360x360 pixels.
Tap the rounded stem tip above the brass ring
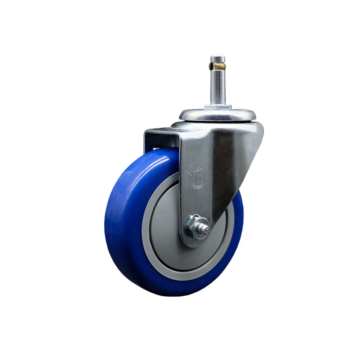tap(218, 58)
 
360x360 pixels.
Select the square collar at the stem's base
tap(218, 107)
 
